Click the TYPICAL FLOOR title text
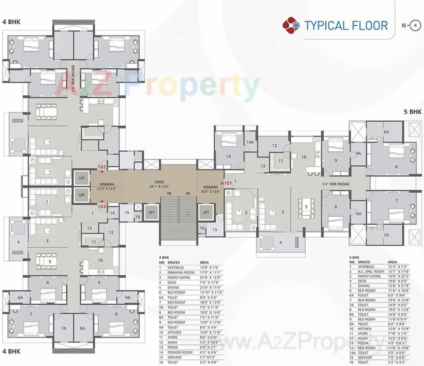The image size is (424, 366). click(x=346, y=26)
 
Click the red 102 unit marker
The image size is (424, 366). click(x=102, y=167)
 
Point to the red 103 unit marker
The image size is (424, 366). click(x=102, y=206)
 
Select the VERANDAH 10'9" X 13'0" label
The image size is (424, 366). click(x=210, y=189)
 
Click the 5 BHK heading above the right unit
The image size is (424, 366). click(x=412, y=112)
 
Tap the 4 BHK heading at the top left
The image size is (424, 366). click(x=11, y=22)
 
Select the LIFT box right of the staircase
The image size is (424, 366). click(x=206, y=212)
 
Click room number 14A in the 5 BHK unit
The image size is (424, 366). click(x=250, y=142)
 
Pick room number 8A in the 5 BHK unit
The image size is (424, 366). click(x=386, y=132)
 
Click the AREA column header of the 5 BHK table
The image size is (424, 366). click(x=393, y=262)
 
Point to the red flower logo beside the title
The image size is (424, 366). click(x=291, y=25)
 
